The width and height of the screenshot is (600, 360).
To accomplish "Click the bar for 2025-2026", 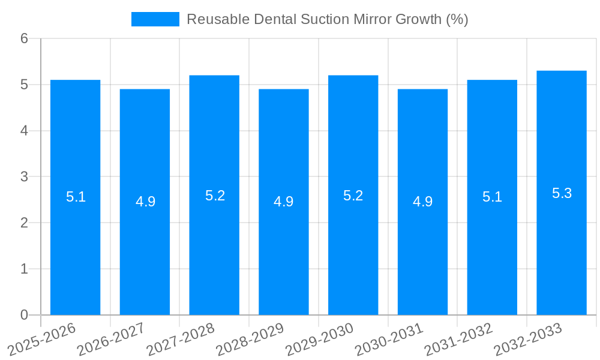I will click(75, 240).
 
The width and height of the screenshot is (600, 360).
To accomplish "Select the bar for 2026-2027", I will click(145, 252).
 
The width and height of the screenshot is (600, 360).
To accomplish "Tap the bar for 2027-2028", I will click(214, 240).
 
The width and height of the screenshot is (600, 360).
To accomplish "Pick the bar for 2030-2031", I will click(422, 252).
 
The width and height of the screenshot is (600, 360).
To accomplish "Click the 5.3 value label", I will click(562, 193).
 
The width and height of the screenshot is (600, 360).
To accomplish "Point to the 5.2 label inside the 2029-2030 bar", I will click(353, 196).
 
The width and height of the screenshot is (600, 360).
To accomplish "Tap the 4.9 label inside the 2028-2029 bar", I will click(283, 202).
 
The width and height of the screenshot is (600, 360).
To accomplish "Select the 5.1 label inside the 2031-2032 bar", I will click(492, 197).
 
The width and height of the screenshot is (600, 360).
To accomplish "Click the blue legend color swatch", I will click(155, 19).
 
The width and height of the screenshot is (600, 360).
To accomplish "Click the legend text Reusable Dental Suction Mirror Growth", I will click(327, 19).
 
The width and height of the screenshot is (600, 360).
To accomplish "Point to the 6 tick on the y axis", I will click(24, 38).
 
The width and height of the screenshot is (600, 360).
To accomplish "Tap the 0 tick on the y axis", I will click(24, 315).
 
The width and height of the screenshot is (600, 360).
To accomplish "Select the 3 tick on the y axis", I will click(24, 177).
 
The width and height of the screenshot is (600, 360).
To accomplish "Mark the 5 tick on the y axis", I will click(24, 85).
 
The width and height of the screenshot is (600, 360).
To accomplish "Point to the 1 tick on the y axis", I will click(24, 269).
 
